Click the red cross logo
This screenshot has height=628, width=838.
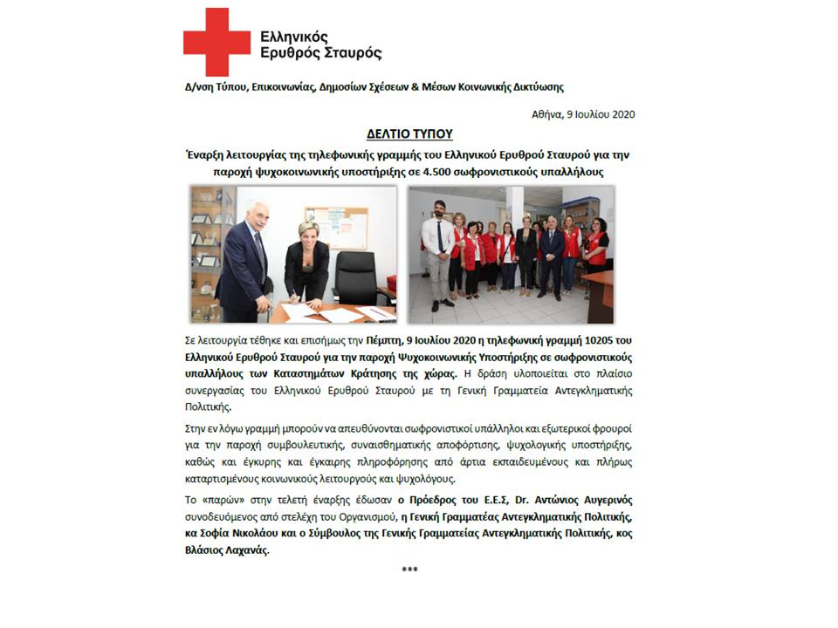point(216,42)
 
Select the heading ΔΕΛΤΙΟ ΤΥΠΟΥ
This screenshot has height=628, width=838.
point(409,134)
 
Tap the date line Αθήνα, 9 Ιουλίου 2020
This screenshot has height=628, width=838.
point(584,114)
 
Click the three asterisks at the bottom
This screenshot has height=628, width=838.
point(409,570)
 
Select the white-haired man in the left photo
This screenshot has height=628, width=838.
point(246,257)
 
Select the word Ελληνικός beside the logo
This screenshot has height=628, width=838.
point(295,36)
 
